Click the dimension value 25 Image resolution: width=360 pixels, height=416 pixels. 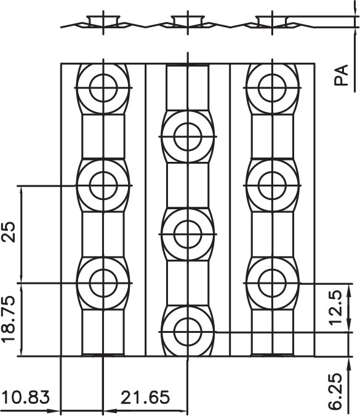point(9,231)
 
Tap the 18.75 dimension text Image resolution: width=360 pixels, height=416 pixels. point(8,319)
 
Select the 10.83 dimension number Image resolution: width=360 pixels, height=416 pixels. point(26,398)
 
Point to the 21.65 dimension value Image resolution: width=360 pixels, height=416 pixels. point(145,398)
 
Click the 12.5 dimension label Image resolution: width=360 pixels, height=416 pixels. point(336,308)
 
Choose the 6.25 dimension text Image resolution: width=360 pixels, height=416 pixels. point(335,392)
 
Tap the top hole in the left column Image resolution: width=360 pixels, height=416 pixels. point(103,88)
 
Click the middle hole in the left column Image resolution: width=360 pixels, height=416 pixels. point(103,185)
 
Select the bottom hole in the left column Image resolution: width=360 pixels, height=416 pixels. point(103,283)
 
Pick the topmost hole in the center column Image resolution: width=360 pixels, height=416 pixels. point(188,137)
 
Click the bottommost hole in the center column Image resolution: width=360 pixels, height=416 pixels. point(188,332)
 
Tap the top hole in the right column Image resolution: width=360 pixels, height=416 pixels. point(273,88)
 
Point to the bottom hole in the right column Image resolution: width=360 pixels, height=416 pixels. point(273,283)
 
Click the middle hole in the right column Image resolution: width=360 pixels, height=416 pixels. point(273,185)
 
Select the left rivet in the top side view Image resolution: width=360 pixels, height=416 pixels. point(103,21)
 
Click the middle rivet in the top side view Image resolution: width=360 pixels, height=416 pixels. point(188,21)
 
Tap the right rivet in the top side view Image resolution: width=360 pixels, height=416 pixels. point(273,21)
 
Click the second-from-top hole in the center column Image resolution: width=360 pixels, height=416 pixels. point(188,234)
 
